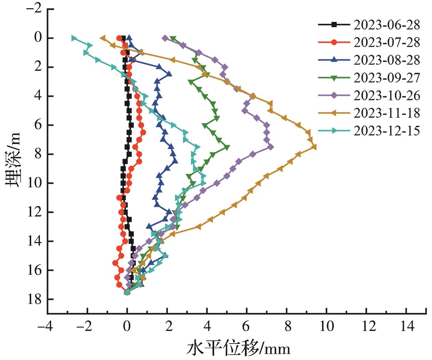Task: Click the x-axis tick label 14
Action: coord(407,326)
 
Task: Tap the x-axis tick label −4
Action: coord(45,326)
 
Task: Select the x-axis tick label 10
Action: coord(326,326)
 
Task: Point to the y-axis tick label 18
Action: coord(35,299)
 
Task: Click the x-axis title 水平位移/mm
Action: coord(238,349)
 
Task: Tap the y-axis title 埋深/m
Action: coord(13,159)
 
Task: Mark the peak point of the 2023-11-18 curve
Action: coord(314,147)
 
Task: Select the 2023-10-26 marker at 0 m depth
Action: coord(165,38)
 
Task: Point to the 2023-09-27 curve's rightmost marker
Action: coord(227,147)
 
